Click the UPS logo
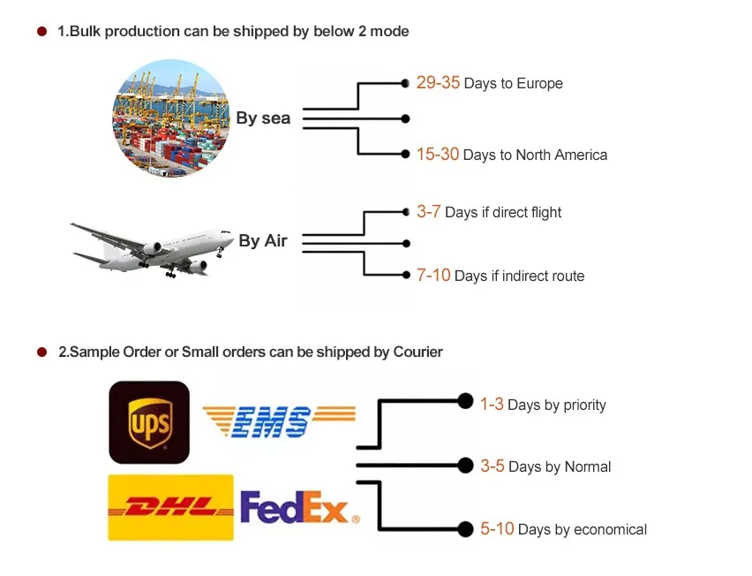pyautogui.click(x=149, y=422)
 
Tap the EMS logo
pyautogui.click(x=279, y=422)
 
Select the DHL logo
pyautogui.click(x=170, y=507)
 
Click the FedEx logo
pyautogui.click(x=299, y=508)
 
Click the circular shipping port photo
pyautogui.click(x=170, y=117)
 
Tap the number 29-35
pyautogui.click(x=438, y=83)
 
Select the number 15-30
pyautogui.click(x=438, y=154)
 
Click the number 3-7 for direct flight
pyautogui.click(x=429, y=212)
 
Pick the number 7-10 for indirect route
pyautogui.click(x=433, y=276)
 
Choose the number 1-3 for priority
pyautogui.click(x=492, y=404)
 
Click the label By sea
pyautogui.click(x=263, y=118)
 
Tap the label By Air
pyautogui.click(x=263, y=240)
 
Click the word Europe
pyautogui.click(x=540, y=84)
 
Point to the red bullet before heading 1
pyautogui.click(x=41, y=32)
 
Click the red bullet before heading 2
pyautogui.click(x=41, y=352)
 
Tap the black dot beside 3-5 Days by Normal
pyautogui.click(x=465, y=465)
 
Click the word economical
pyautogui.click(x=610, y=530)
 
